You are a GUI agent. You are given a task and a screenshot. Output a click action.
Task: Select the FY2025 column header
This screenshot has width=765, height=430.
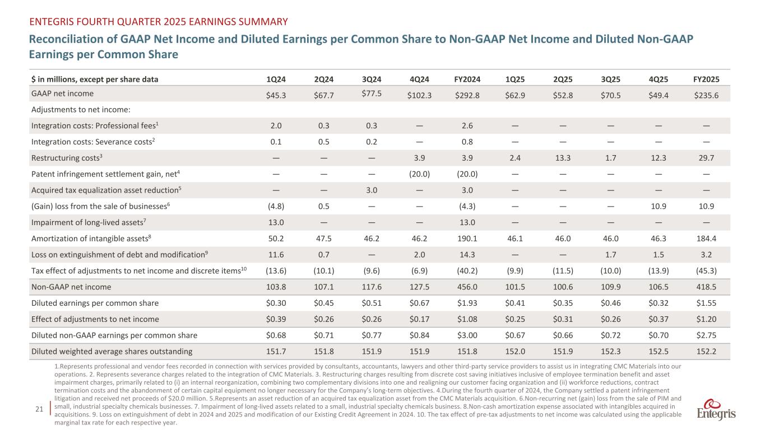point(705,79)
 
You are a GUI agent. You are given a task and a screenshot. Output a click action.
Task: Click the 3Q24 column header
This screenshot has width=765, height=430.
point(370,79)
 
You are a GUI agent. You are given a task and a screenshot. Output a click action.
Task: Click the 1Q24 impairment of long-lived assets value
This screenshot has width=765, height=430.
point(276,222)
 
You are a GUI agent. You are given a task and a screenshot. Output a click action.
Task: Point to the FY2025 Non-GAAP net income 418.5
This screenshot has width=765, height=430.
point(705,287)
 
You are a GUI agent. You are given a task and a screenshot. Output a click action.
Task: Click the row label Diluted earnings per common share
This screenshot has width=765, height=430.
point(95,303)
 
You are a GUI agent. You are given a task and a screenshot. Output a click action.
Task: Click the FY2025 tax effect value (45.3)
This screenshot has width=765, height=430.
point(705,271)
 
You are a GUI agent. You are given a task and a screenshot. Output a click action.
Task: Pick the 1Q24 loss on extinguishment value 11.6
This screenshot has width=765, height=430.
point(276,255)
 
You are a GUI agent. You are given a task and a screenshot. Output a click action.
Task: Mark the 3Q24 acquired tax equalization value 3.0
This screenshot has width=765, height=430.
point(370,190)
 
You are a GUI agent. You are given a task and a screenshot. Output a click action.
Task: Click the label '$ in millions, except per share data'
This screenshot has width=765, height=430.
point(95,79)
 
